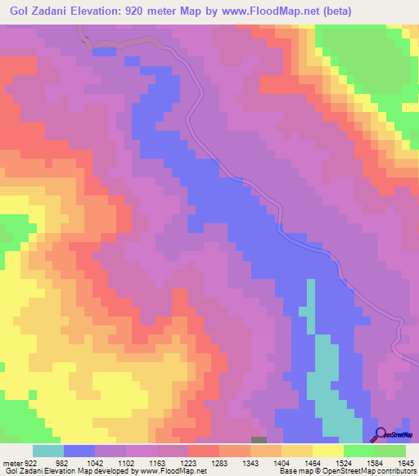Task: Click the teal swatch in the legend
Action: click(48, 451)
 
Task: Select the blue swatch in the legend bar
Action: click(79, 451)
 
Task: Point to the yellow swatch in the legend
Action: click(327, 451)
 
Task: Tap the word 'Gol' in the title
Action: click(22, 11)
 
